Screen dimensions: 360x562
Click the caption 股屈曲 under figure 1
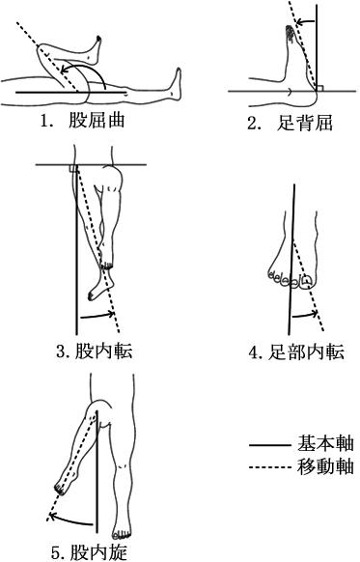pyautogui.click(x=97, y=121)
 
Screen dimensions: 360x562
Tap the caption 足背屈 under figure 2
pyautogui.click(x=305, y=123)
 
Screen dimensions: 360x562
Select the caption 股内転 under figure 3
pyautogui.click(x=104, y=351)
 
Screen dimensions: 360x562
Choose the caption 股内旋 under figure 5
pyautogui.click(x=98, y=552)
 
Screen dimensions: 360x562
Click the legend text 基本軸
pyautogui.click(x=325, y=443)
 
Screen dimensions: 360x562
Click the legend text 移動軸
pyautogui.click(x=325, y=466)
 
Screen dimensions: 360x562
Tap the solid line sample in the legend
pyautogui.click(x=270, y=445)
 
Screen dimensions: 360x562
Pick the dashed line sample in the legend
pyautogui.click(x=270, y=467)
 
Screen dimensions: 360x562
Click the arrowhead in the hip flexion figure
pyautogui.click(x=64, y=70)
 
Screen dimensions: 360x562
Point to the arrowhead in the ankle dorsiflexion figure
pyautogui.click(x=300, y=22)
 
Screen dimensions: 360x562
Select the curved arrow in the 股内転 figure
pyautogui.click(x=97, y=316)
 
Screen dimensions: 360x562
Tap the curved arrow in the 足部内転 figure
pyautogui.click(x=305, y=315)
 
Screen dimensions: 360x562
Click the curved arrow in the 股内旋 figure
pyautogui.click(x=72, y=520)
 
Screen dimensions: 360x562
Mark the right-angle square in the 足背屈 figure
pyautogui.click(x=320, y=88)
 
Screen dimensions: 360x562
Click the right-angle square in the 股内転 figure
pyautogui.click(x=73, y=168)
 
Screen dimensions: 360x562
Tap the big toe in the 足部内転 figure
pyautogui.click(x=306, y=281)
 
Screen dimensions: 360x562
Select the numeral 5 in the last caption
pyautogui.click(x=56, y=553)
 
